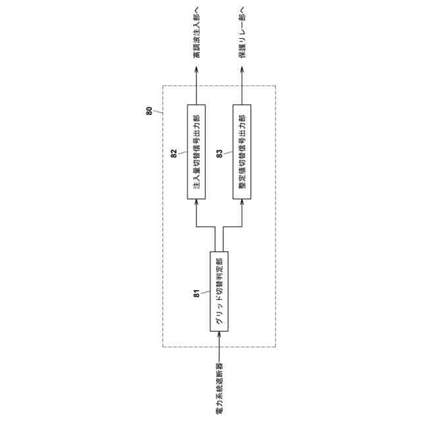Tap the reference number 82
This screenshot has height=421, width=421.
click(x=174, y=153)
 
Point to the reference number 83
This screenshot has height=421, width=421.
click(x=219, y=153)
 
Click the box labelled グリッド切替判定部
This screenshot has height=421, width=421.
click(x=218, y=291)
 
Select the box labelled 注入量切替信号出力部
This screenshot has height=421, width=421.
click(x=196, y=151)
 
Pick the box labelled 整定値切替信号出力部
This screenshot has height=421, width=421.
click(x=242, y=151)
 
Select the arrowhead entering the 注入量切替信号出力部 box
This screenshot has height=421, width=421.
click(x=196, y=204)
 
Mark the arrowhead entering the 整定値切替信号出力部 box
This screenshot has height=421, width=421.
click(x=242, y=204)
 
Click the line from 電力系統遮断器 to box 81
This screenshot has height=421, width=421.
click(x=219, y=349)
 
